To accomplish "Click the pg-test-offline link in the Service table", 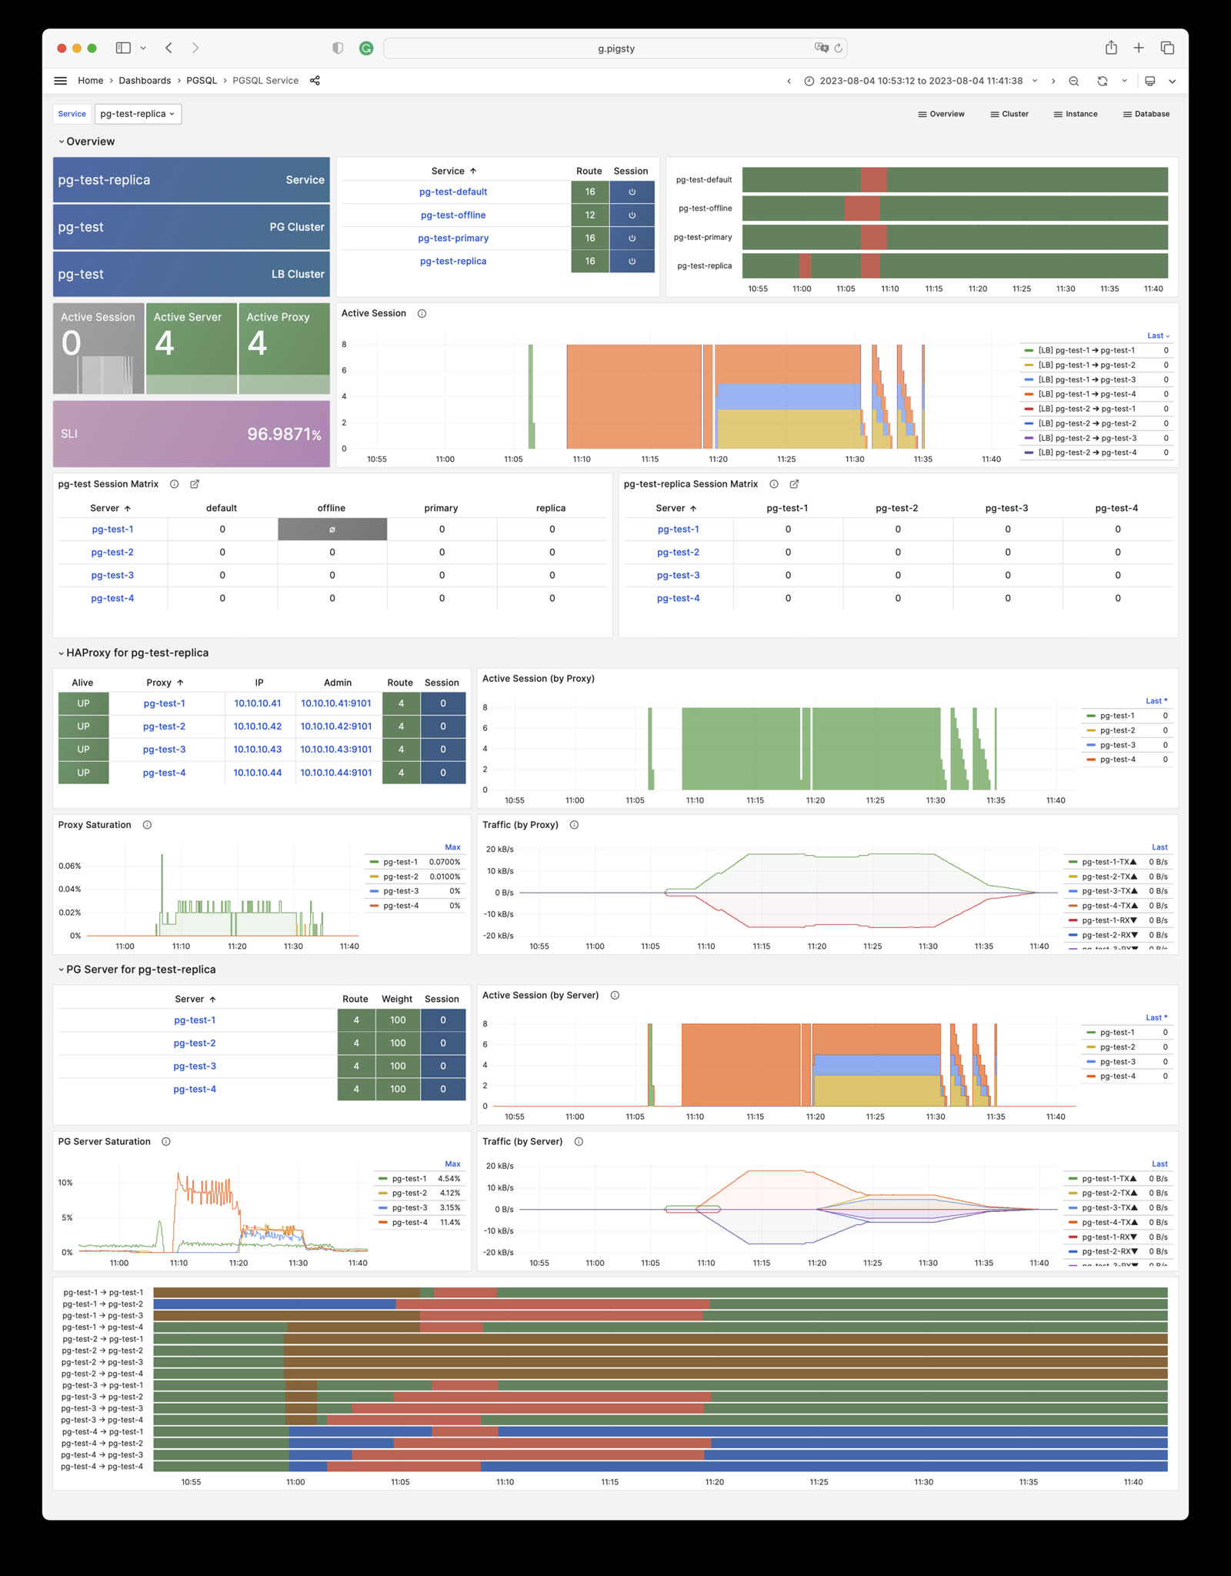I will [452, 215].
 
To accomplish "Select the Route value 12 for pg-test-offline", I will [589, 215].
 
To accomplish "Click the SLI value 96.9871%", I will [283, 434].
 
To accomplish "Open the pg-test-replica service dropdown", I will [138, 114].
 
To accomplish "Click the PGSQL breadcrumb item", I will [202, 81].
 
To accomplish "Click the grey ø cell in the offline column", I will [332, 529].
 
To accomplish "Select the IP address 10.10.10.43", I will [257, 750].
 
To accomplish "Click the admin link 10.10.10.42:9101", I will [335, 726].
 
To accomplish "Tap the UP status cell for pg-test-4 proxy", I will [83, 773].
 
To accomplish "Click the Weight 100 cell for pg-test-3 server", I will [397, 1066].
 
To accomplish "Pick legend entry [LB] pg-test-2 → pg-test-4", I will [1086, 452].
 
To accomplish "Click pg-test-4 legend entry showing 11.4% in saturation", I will [409, 1222].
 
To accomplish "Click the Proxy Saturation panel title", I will [95, 825].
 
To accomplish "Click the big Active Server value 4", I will [165, 343].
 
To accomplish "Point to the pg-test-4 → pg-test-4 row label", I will [102, 1466].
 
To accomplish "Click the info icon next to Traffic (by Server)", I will [579, 1141].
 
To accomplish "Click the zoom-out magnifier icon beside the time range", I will [1073, 81].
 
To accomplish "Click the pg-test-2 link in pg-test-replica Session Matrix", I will [678, 553].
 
